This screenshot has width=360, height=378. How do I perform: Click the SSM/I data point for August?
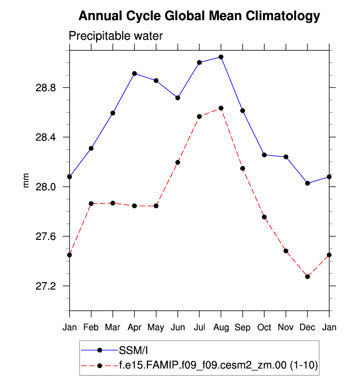pos(221,57)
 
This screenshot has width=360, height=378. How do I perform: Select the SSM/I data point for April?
pos(135,74)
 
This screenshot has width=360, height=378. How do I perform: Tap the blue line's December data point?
pos(307,183)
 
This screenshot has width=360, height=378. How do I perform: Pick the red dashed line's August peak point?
pos(221,108)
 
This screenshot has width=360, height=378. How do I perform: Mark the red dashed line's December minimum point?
pos(307,277)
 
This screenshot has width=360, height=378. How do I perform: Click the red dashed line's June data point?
pos(178,162)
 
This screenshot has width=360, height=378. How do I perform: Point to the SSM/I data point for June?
pos(178,98)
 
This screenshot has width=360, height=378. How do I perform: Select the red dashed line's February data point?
pos(91,204)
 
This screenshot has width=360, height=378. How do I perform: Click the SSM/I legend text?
pos(133,350)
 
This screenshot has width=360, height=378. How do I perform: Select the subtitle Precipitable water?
pos(115,36)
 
